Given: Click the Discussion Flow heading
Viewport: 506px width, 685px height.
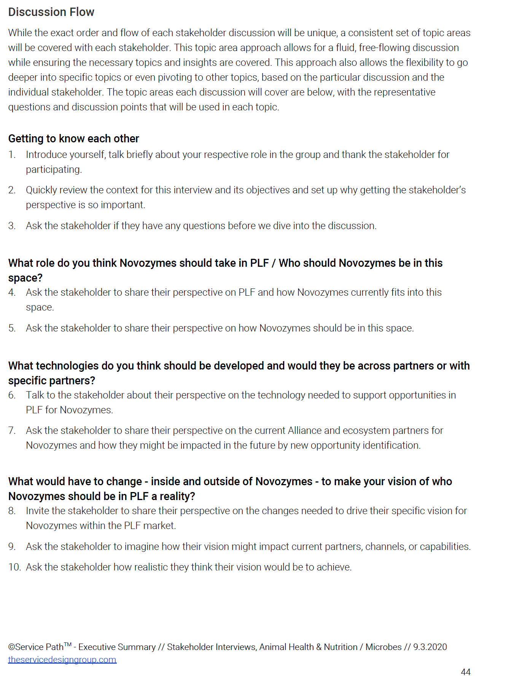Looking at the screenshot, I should click(51, 12).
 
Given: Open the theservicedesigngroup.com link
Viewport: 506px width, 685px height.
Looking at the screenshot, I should click(62, 660).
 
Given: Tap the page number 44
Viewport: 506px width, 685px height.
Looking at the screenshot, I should click(466, 672).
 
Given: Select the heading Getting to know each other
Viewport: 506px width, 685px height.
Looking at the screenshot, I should click(73, 139).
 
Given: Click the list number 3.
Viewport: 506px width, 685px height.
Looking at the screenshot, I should click(12, 226).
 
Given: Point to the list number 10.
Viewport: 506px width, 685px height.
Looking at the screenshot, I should click(14, 567).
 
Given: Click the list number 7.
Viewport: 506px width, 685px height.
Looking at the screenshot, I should click(12, 430).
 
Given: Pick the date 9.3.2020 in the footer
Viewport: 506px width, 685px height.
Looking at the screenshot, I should click(430, 647).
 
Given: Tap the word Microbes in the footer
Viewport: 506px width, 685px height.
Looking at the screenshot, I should click(383, 647).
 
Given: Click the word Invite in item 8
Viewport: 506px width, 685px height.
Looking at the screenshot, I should click(37, 511).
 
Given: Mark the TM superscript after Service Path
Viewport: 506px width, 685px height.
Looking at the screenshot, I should click(68, 644).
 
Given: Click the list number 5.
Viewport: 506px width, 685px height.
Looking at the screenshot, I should click(12, 328).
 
